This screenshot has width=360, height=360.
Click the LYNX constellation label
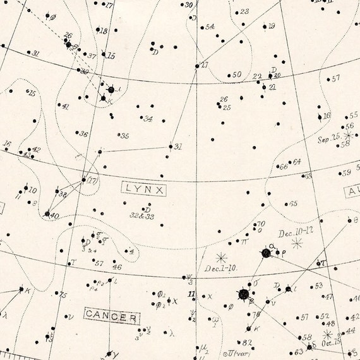[x=144, y=188]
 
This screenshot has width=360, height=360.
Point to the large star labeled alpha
[x=266, y=253]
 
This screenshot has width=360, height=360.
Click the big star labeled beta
[x=243, y=294]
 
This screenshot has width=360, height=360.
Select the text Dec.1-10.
[x=220, y=268]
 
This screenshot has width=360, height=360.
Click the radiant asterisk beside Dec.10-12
[x=296, y=243]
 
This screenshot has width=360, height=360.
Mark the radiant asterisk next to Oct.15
[x=328, y=334]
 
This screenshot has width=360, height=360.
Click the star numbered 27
[x=197, y=66]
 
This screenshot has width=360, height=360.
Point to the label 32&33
[x=142, y=215]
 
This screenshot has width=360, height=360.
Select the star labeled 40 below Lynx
[x=47, y=214]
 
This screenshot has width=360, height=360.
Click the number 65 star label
[x=293, y=204]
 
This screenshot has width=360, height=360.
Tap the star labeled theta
[x=349, y=220]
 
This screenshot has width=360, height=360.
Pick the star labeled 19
[x=265, y=27]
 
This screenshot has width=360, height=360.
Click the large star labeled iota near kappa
[x=111, y=90]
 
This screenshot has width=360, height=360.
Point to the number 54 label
[x=210, y=27]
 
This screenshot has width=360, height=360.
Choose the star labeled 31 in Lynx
[x=171, y=147]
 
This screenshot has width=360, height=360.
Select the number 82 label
[x=248, y=343]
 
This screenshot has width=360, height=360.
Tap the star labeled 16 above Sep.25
[x=320, y=116]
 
